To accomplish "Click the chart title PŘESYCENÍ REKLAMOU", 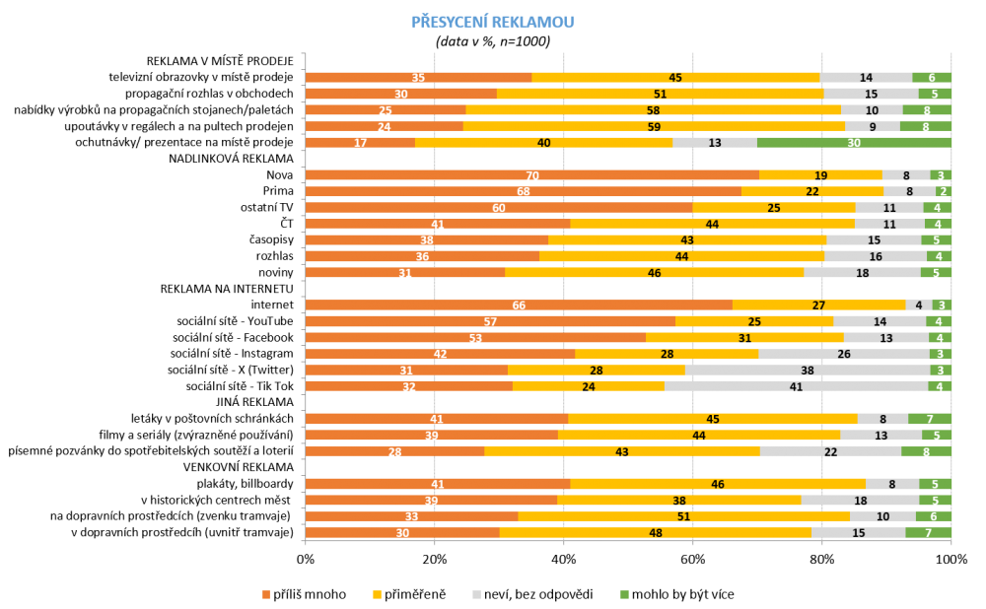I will [492, 22].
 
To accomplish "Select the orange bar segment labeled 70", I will [532, 175].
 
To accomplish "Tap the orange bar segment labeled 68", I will [524, 192].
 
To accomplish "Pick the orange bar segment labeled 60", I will [499, 208].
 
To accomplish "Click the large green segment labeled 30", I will [854, 143].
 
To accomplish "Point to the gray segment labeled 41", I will [796, 386].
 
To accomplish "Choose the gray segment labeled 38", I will [808, 371].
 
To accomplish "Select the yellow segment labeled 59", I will [654, 126].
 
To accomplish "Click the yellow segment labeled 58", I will [653, 110].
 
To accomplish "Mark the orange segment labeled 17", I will [360, 143].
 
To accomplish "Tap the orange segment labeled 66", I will [519, 305].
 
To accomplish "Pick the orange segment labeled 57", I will [490, 321].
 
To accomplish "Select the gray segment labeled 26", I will [844, 354].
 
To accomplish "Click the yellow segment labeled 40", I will [544, 143].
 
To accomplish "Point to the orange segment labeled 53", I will [475, 338].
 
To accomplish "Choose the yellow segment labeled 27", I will [818, 305].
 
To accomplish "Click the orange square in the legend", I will [266, 594].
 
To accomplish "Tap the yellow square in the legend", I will [377, 594].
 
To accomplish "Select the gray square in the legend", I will [476, 594].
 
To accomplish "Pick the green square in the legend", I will [624, 594].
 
